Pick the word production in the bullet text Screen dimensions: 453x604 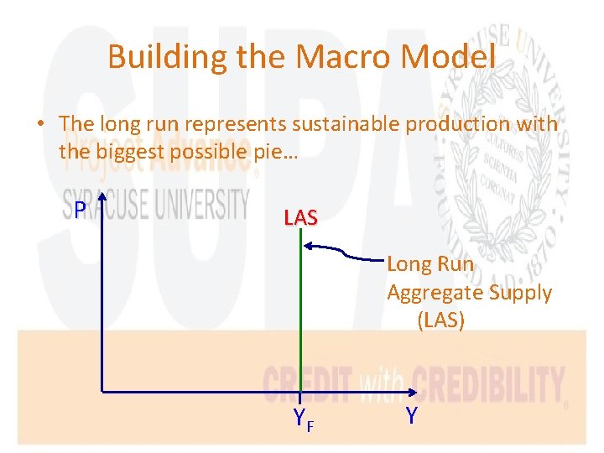(x=461, y=123)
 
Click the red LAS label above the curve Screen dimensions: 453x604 (x=300, y=218)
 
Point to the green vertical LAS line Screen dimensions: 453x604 (x=299, y=319)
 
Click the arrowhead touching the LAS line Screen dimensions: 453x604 (x=307, y=246)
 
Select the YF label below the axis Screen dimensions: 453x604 (x=303, y=419)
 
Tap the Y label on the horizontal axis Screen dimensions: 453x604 (x=411, y=415)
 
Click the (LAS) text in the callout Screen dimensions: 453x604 (x=440, y=320)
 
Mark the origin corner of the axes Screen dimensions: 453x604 (x=101, y=391)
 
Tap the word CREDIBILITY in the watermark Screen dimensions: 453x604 (x=486, y=386)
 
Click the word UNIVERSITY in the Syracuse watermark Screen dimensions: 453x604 (x=200, y=204)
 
